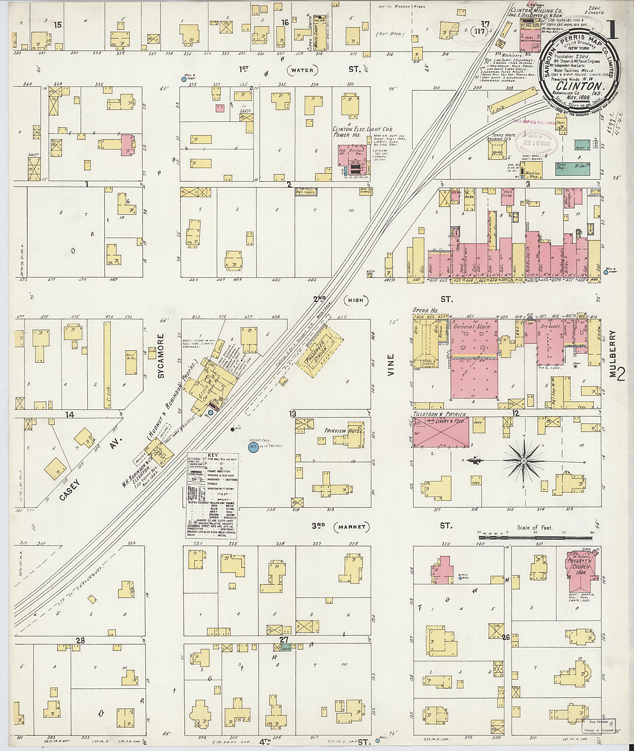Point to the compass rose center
click(524, 461)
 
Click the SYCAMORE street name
click(162, 356)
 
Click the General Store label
click(471, 327)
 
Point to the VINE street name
click(391, 365)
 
